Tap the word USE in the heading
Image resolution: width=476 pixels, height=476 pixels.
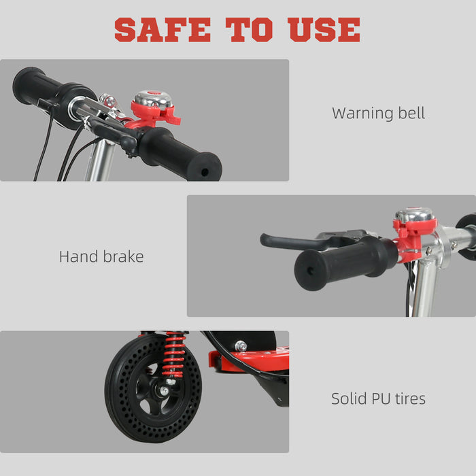[324, 30]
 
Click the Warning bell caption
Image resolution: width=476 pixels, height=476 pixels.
[378, 113]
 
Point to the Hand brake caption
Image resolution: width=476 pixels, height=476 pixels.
[101, 256]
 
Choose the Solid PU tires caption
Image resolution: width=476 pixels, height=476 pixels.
[378, 398]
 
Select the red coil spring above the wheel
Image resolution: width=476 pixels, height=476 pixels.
[174, 354]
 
